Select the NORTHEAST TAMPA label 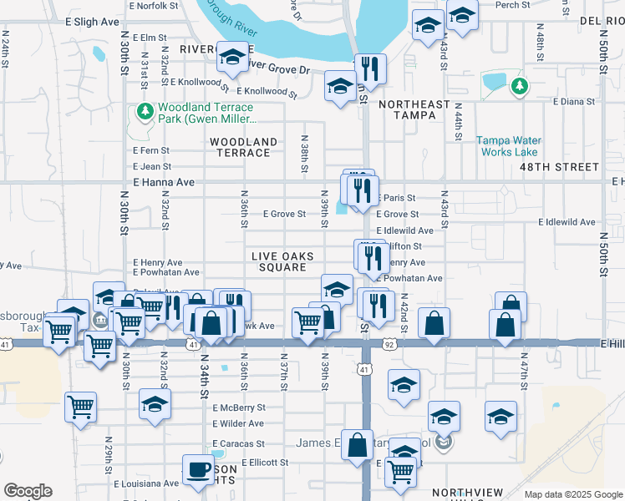click(x=407, y=109)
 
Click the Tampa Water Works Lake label click(x=508, y=146)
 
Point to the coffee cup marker click(x=198, y=469)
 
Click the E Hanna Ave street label click(x=163, y=181)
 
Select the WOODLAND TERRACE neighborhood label click(x=243, y=147)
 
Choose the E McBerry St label click(x=238, y=407)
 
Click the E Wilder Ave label click(x=238, y=424)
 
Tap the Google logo click(x=28, y=491)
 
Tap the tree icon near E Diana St click(x=519, y=85)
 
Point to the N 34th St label click(x=202, y=376)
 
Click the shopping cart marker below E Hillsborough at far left click(x=80, y=408)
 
